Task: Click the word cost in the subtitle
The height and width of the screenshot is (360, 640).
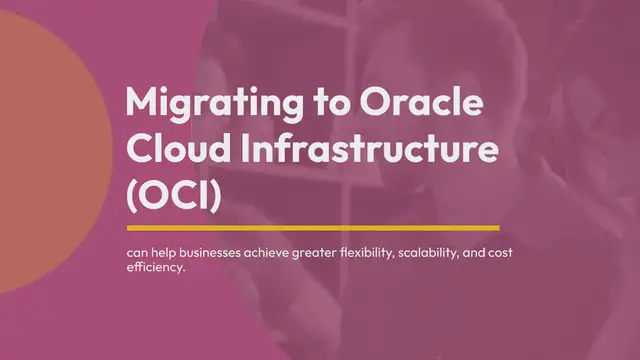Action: [526, 254]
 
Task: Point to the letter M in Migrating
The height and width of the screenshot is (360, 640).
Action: [142, 104]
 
